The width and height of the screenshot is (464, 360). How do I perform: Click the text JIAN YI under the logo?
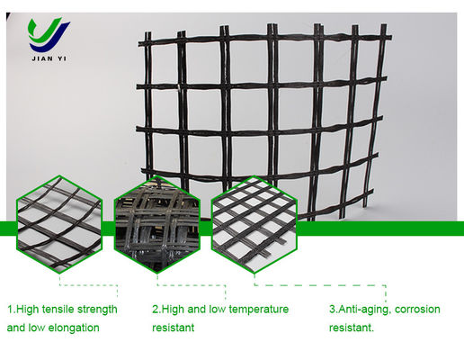pos(49,58)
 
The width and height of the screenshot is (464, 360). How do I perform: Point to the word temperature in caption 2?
pos(260,310)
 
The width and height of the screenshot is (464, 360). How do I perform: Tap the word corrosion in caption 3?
pos(417,310)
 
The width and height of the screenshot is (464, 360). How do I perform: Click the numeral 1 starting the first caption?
pos(10,310)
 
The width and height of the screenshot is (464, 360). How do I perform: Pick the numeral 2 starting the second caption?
pos(156,310)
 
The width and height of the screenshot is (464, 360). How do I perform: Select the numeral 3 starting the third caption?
pos(332,310)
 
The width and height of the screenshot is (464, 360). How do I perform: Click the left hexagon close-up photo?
pos(59,224)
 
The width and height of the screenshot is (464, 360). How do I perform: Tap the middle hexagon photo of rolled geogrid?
pos(157,224)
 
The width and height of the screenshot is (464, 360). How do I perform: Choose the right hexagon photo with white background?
pos(254,224)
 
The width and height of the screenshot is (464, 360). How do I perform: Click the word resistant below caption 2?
pos(173,328)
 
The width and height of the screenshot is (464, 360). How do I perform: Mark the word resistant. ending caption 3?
pos(352,328)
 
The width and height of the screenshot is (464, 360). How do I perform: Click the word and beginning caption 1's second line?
pos(16,328)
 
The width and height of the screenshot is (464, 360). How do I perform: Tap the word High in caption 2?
pos(173,310)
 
